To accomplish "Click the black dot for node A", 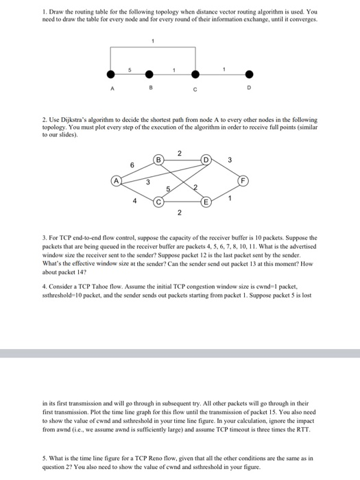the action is click(110, 75).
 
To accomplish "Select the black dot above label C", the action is click(196, 75).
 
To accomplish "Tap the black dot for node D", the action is click(250, 75).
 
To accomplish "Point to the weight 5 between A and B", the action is click(130, 67).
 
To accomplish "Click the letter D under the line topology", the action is click(250, 88).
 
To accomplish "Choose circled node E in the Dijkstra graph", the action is click(205, 202).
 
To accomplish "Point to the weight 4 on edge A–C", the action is click(134, 201).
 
